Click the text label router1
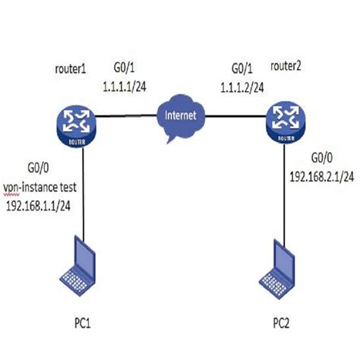click(71, 68)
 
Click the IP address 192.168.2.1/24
click(323, 176)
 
